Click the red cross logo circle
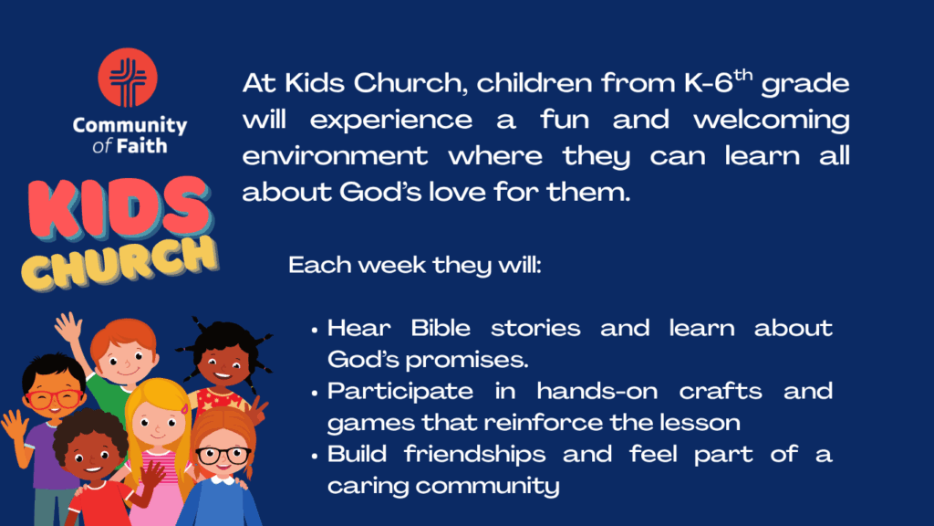click(x=128, y=78)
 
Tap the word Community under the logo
click(x=130, y=125)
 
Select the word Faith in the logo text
click(x=141, y=146)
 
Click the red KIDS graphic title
click(x=119, y=209)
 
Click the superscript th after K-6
click(x=742, y=75)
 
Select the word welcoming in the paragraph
click(x=772, y=121)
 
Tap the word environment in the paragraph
click(x=335, y=156)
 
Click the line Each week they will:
click(x=415, y=265)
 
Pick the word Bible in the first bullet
click(x=441, y=328)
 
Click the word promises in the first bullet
click(x=466, y=360)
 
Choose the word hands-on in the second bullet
click(x=597, y=391)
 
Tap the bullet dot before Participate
click(x=315, y=393)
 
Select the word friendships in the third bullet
click(x=474, y=455)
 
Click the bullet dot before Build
click(x=315, y=457)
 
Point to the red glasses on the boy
click(x=54, y=398)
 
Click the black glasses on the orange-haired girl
click(x=223, y=456)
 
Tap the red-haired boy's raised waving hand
click(x=69, y=327)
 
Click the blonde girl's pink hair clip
click(x=184, y=409)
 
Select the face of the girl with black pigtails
click(x=223, y=364)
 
